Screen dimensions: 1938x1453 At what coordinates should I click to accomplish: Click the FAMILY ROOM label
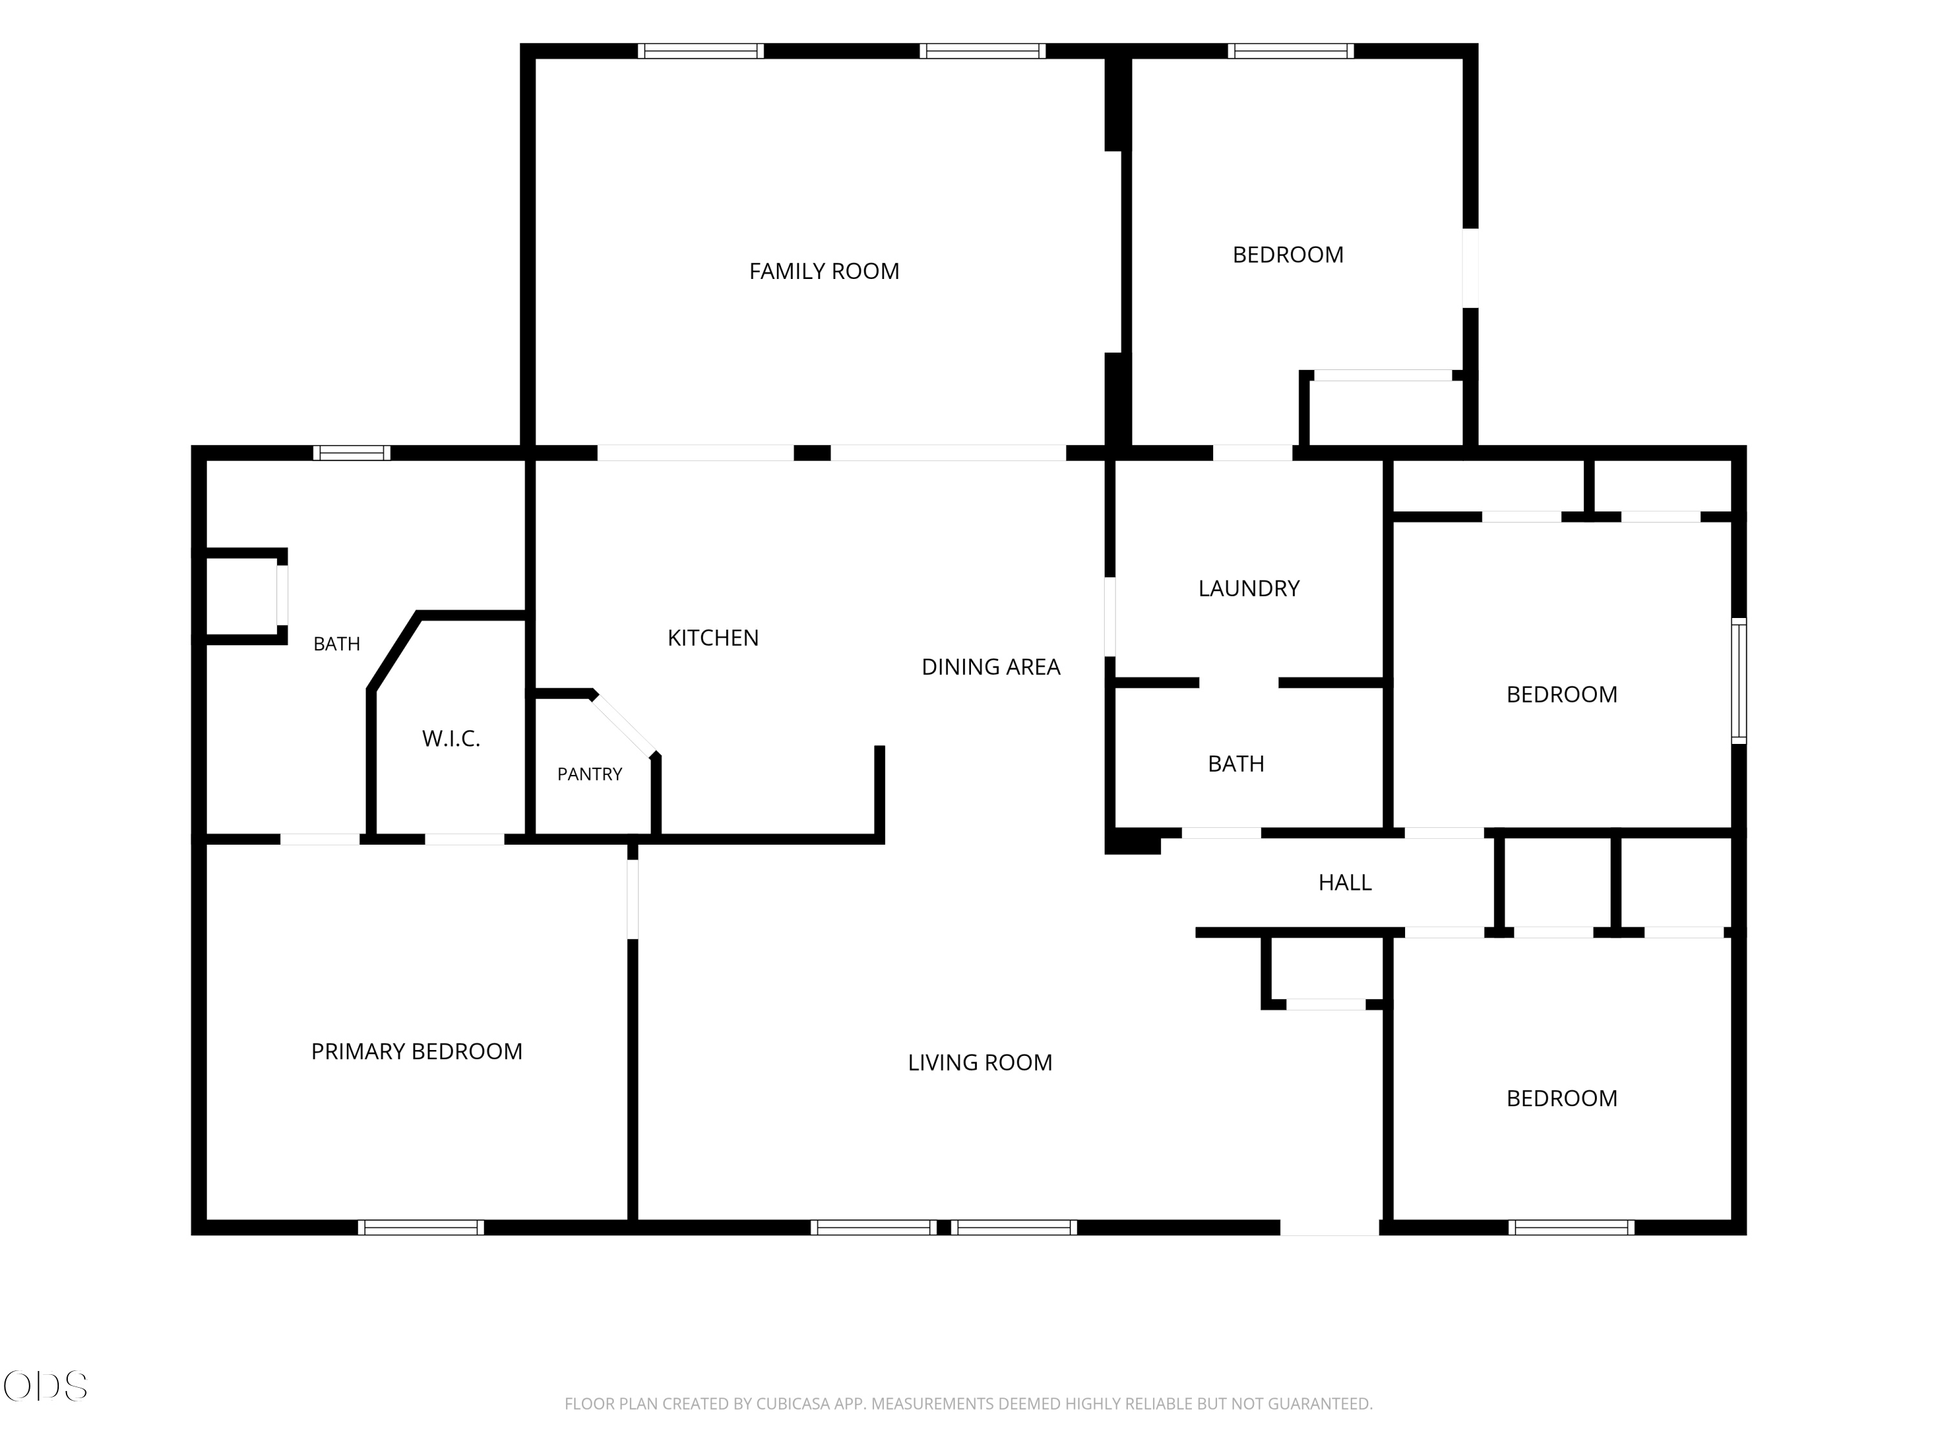pyautogui.click(x=824, y=271)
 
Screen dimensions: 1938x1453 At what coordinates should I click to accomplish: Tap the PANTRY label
pyautogui.click(x=590, y=774)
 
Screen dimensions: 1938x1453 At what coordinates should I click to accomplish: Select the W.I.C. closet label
pyautogui.click(x=451, y=739)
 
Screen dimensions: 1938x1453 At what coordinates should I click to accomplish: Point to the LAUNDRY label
pyautogui.click(x=1249, y=588)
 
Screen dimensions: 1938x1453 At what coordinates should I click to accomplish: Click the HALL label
pyautogui.click(x=1345, y=883)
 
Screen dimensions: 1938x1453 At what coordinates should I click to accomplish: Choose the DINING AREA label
pyautogui.click(x=991, y=667)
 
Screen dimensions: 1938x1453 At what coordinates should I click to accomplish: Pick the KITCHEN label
pyautogui.click(x=713, y=639)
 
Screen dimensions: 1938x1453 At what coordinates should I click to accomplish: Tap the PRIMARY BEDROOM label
pyautogui.click(x=417, y=1052)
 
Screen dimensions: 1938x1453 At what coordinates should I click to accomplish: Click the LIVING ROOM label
pyautogui.click(x=979, y=1063)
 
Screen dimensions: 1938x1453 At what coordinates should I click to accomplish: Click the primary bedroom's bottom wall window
pyautogui.click(x=421, y=1228)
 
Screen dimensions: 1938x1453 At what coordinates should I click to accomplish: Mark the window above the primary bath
pyautogui.click(x=352, y=453)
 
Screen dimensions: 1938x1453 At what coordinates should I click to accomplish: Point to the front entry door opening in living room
pyautogui.click(x=1330, y=1228)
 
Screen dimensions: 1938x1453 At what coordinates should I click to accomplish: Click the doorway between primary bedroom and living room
pyautogui.click(x=632, y=900)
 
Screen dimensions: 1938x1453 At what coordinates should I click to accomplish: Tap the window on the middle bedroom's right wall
pyautogui.click(x=1739, y=681)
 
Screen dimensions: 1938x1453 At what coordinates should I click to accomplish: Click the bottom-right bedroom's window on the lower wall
pyautogui.click(x=1572, y=1228)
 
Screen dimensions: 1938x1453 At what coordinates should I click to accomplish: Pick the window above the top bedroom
pyautogui.click(x=1291, y=51)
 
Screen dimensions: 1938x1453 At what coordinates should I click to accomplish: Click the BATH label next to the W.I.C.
pyautogui.click(x=337, y=644)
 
